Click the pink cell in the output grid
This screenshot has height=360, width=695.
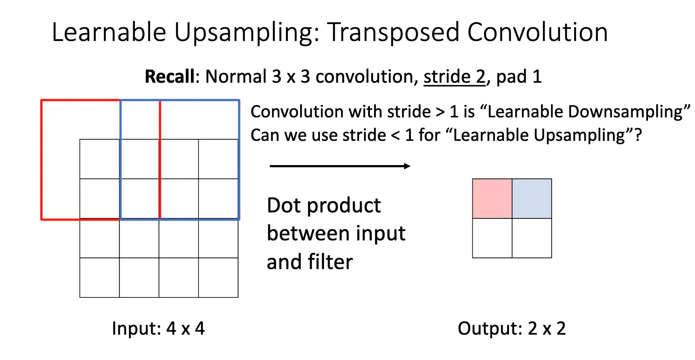pos(492,199)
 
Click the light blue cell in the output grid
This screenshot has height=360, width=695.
pos(532,199)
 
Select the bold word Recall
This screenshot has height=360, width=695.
pos(170,76)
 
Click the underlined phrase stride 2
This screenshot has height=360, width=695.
pos(455,77)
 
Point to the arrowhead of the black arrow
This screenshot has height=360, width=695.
pos(407,166)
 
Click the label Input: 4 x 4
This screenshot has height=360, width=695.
pos(158,328)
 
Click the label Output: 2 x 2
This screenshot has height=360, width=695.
pos(512,328)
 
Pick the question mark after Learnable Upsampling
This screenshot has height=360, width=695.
pos(638,135)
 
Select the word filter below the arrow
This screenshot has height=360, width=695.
pos(330,262)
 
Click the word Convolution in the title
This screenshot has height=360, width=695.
pos(537,32)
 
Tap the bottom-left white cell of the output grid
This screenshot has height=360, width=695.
pos(492,238)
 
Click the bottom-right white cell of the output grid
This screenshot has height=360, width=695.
pos(532,238)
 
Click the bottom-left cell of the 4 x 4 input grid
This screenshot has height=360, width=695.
pos(100,278)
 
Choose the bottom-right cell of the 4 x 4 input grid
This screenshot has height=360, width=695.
pos(218,278)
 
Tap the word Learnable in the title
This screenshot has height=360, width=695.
pos(109,32)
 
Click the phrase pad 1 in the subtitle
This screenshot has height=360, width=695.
pos(519,77)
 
